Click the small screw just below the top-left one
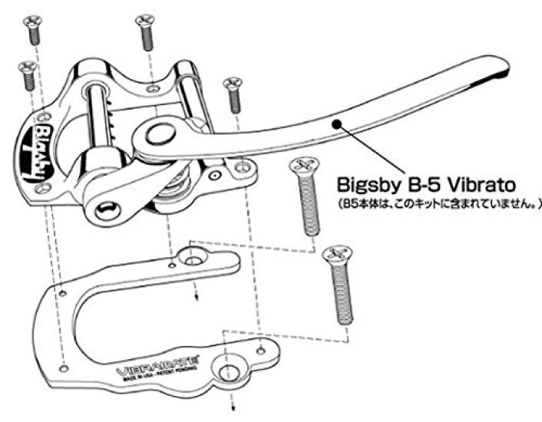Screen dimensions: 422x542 27,74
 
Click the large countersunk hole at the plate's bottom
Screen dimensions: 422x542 227,371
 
